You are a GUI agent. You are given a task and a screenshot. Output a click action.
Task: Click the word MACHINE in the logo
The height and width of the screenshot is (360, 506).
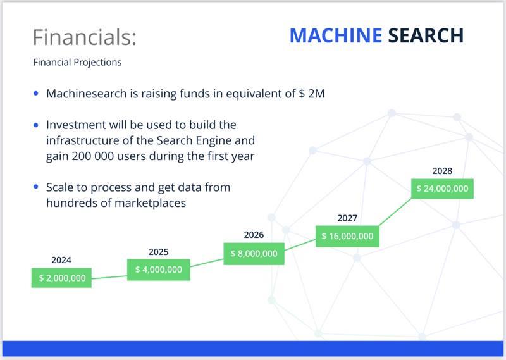coord(336,35)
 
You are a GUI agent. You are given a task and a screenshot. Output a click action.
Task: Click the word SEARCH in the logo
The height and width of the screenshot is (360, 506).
coord(426,35)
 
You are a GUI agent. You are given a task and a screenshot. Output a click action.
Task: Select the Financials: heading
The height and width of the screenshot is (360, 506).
coord(85,37)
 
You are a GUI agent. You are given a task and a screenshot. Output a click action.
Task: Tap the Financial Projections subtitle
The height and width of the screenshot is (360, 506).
coord(77,62)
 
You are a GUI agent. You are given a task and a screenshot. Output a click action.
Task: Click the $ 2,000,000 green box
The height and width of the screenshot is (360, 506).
coord(61,278)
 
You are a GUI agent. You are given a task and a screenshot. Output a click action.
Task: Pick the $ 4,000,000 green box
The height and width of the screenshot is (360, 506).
coord(159,270)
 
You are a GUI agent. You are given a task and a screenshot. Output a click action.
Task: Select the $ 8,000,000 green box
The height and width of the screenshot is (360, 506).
coord(254,254)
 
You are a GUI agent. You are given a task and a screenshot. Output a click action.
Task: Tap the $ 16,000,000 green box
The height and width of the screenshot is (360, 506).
coord(347,237)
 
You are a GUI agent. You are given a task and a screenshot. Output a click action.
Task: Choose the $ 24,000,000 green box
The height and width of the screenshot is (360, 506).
coord(442,189)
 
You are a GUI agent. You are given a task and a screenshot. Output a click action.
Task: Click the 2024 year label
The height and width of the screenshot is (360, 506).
coord(61,260)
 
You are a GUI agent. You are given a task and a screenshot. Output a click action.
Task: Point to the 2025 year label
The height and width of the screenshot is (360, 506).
coord(159,252)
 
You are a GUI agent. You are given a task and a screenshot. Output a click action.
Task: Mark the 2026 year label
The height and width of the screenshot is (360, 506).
coord(254,235)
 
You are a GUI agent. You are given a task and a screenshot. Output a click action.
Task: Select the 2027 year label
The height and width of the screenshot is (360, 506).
coord(347,218)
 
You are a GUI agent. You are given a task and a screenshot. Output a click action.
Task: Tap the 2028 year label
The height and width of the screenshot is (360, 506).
coord(442,171)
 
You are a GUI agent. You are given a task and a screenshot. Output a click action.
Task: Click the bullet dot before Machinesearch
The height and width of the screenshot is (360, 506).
coord(36,94)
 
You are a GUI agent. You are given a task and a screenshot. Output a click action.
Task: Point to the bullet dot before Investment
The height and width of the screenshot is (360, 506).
coord(36,125)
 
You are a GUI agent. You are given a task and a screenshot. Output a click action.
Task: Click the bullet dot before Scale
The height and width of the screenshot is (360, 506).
coord(36,187)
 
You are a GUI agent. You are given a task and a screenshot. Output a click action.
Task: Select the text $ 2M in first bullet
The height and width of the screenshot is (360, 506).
coord(312,94)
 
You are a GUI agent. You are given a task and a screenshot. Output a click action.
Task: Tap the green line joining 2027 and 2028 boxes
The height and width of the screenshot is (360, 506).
coord(395,212)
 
